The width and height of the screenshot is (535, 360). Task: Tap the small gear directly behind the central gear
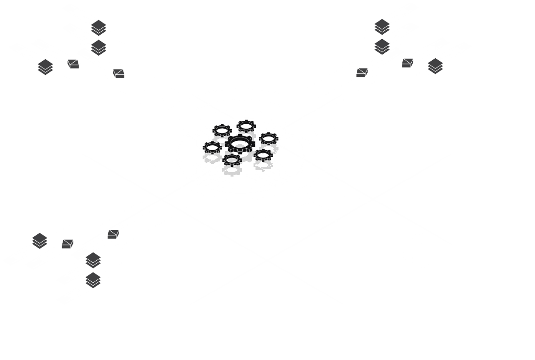tap(246, 126)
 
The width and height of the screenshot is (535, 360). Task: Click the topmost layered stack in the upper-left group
tap(99, 27)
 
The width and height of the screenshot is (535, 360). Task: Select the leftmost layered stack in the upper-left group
tap(45, 67)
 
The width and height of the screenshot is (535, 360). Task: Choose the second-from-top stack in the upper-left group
tap(99, 47)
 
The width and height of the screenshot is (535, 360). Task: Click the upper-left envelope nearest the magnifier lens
tap(118, 73)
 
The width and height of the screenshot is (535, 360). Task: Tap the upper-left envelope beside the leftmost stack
tap(73, 64)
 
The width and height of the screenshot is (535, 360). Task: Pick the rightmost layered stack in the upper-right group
tap(435, 66)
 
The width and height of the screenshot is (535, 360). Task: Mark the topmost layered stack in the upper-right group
tap(382, 26)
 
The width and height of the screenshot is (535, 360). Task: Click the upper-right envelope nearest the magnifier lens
tap(362, 72)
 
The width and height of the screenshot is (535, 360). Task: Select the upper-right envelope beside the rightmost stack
tap(407, 63)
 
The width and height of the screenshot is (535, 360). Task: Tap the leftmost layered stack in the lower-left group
tap(40, 240)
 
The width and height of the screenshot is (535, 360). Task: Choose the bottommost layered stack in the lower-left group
tap(93, 280)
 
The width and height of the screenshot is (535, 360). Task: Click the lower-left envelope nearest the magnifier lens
tap(114, 234)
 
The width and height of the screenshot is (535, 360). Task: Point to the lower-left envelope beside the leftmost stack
tap(68, 243)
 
